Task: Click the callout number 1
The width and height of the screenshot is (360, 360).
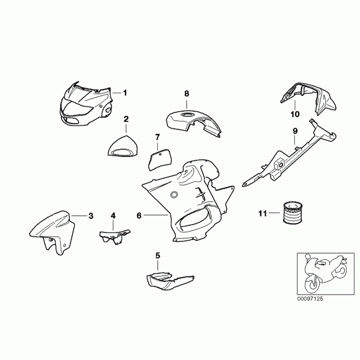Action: tap(125, 93)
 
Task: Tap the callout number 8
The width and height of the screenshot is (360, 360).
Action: tap(187, 94)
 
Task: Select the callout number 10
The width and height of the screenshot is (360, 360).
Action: tap(295, 114)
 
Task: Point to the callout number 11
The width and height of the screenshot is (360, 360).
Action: tap(263, 213)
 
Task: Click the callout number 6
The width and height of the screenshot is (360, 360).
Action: tap(139, 215)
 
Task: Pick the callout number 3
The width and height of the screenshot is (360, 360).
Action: tap(91, 216)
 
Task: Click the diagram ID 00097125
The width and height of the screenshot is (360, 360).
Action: tap(310, 299)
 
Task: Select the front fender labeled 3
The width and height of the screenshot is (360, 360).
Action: tap(52, 232)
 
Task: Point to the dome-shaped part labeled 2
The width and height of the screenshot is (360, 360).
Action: tap(123, 147)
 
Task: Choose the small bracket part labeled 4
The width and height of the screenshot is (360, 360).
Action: tap(114, 236)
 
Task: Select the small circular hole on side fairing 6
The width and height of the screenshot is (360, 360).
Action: tap(174, 195)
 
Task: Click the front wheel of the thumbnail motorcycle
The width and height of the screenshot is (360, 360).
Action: tap(313, 285)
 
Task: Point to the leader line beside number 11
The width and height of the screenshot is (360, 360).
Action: tap(274, 213)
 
